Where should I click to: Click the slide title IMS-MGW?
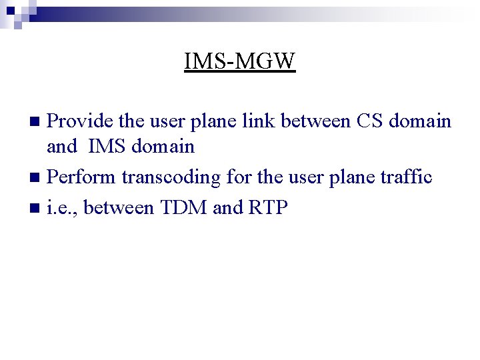coord(239,61)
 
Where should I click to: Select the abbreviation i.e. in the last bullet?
coord(63,207)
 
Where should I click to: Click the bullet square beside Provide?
coord(37,121)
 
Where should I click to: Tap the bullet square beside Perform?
coord(37,178)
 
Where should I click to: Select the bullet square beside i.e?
coord(37,208)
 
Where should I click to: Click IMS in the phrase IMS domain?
coord(107,146)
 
